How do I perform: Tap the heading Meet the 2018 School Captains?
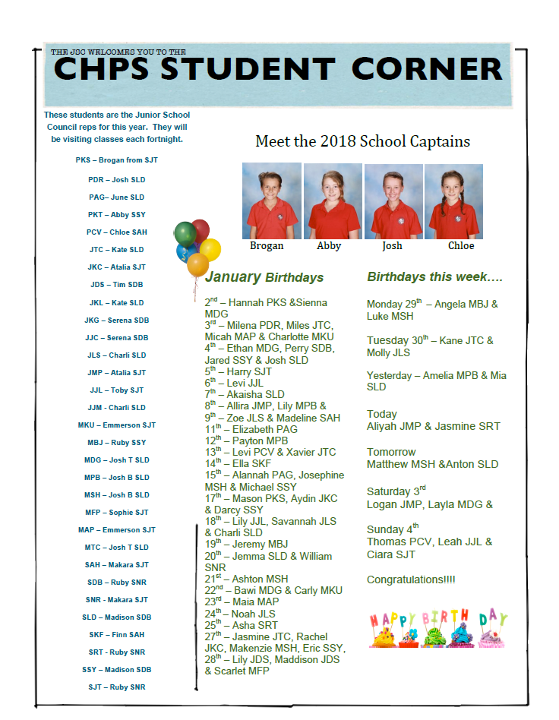coord(362,141)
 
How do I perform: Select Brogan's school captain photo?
coord(271,201)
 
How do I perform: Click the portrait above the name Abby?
coord(332,201)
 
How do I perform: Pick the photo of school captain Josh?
coord(393,201)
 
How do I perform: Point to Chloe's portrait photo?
coord(453,201)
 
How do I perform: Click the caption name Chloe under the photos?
coord(460,245)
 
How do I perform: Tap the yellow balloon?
coord(210,248)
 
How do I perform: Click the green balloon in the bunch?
coord(185,233)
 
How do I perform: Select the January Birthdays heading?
coord(264,277)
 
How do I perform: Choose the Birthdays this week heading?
coord(434,276)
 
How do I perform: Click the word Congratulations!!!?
coord(411,579)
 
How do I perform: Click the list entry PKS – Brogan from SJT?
coord(116,160)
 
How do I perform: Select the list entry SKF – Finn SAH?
coord(116,634)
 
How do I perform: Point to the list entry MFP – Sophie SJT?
coord(116,513)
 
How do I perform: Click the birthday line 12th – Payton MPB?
coord(246,441)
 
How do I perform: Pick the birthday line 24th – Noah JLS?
coord(240,613)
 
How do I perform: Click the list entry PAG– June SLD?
coord(116,197)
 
